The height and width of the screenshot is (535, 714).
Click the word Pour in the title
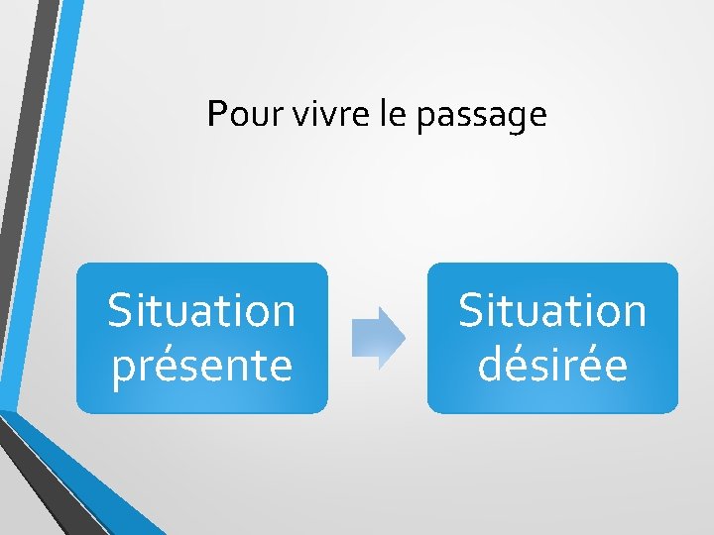[234, 115]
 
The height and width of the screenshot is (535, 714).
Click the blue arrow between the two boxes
[378, 338]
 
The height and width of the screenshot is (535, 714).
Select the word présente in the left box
[202, 365]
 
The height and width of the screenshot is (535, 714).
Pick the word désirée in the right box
[552, 365]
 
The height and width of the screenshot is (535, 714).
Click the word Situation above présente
[202, 310]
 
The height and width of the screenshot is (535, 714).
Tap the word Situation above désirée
[552, 310]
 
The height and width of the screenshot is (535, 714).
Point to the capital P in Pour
[215, 115]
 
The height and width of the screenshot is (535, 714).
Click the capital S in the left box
[120, 310]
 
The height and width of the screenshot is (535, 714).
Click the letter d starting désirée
[490, 364]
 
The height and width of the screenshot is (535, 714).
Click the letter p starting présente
[124, 369]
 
